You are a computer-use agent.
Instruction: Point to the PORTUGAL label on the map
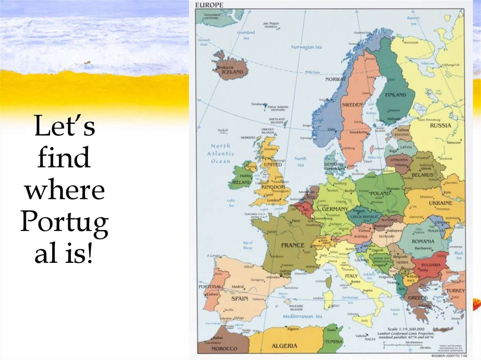click(210, 286)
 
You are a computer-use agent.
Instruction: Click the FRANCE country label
click(293, 245)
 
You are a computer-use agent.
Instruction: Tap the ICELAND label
click(233, 72)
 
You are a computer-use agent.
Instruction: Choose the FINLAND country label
click(396, 95)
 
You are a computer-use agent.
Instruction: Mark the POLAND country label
click(380, 193)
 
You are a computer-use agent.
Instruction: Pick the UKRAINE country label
click(441, 203)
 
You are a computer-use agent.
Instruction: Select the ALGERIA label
click(284, 345)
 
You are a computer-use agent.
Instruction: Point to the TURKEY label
click(455, 291)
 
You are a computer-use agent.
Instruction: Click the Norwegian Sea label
click(306, 47)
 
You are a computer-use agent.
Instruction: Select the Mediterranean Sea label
click(291, 318)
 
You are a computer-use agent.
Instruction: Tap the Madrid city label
click(237, 287)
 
